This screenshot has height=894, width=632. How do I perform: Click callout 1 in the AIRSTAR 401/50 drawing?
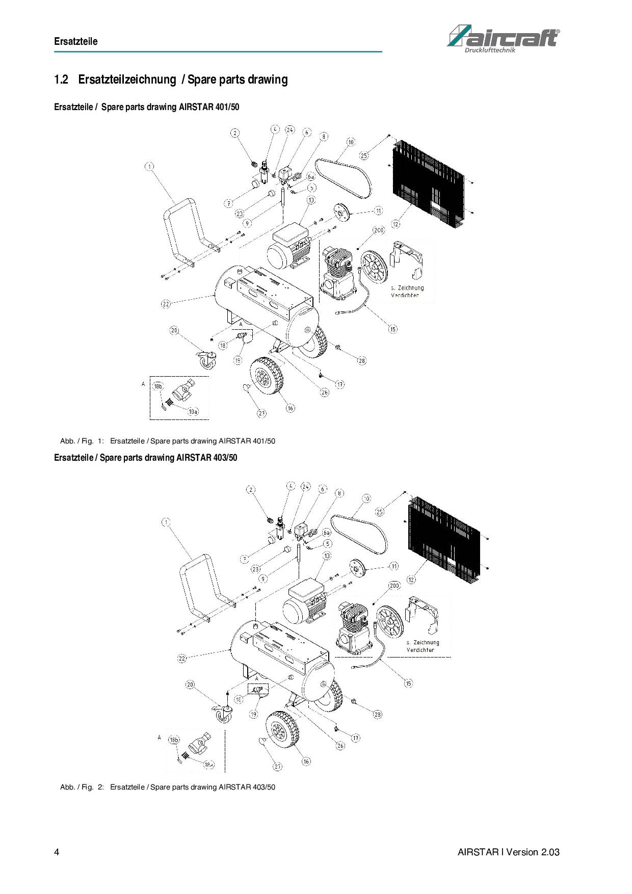click(149, 167)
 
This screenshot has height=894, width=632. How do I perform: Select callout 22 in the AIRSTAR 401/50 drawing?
click(166, 304)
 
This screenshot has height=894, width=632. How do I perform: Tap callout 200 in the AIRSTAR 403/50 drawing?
click(394, 586)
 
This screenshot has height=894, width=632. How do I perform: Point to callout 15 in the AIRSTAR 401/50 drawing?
click(393, 329)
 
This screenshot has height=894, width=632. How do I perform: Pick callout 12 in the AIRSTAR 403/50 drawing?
click(411, 579)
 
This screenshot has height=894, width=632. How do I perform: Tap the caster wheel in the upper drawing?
click(206, 360)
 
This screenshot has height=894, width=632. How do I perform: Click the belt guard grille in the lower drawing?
click(444, 540)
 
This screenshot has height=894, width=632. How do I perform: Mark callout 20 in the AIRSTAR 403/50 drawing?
click(190, 685)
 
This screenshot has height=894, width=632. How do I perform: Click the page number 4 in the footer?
click(57, 852)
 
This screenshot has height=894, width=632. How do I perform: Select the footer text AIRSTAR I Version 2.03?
click(508, 852)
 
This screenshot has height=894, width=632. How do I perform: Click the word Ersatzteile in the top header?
click(75, 41)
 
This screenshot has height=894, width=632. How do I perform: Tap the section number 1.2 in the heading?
click(61, 80)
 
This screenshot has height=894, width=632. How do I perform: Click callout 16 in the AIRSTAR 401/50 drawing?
click(290, 408)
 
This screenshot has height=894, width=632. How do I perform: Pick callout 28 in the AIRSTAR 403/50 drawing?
click(377, 714)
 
